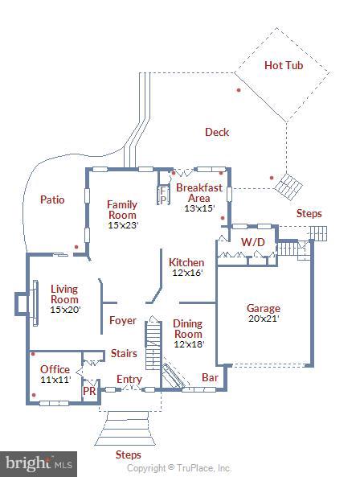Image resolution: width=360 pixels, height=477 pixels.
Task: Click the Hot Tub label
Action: (x=284, y=65)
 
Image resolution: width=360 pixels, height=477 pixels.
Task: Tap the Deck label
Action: (x=216, y=132)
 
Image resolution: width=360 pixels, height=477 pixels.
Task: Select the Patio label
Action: (x=52, y=199)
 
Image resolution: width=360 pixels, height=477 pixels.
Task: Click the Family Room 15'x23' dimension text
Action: (x=123, y=225)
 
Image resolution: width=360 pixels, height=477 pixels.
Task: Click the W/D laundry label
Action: (x=252, y=242)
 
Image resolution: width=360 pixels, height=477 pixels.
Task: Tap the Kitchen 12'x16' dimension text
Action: (x=186, y=273)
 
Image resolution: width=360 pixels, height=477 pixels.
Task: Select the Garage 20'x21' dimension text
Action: (x=263, y=318)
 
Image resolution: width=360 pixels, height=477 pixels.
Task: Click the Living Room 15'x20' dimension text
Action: (x=64, y=309)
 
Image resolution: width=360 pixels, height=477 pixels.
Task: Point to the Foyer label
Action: (x=123, y=320)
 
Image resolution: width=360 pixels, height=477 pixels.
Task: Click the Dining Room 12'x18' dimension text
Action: (x=188, y=344)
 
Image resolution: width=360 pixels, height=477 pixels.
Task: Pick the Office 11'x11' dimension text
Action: (x=55, y=379)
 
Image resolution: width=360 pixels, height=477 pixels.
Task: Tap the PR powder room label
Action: (x=90, y=391)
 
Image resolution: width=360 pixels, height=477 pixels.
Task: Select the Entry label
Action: (x=129, y=380)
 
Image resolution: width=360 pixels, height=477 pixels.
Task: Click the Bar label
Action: (x=210, y=376)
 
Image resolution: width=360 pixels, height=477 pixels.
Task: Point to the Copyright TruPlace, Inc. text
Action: (x=179, y=468)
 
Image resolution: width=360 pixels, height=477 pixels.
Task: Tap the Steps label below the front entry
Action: (x=128, y=454)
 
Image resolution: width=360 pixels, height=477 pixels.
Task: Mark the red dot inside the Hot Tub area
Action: (x=239, y=90)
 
